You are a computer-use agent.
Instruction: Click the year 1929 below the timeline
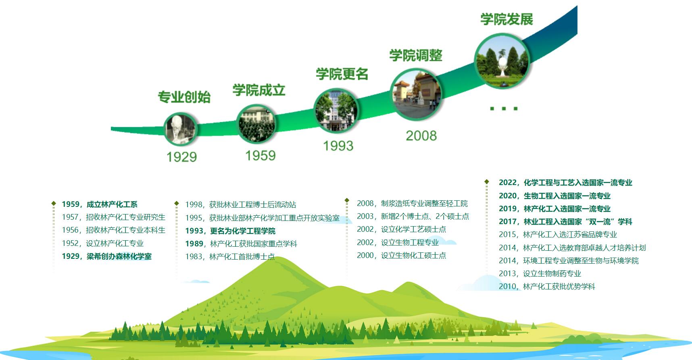181,157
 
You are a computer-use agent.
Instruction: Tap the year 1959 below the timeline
261,155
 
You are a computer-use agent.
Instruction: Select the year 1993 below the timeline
338,146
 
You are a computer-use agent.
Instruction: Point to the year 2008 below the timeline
421,135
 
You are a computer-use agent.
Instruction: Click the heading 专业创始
184,97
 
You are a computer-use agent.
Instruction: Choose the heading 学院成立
259,90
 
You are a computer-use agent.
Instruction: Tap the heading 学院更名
342,74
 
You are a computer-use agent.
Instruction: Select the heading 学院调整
416,55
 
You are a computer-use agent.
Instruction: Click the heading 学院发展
506,19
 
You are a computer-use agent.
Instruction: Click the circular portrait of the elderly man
180,129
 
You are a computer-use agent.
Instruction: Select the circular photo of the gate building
416,94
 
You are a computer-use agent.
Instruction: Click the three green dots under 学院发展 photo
504,108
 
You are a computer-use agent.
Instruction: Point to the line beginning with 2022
565,183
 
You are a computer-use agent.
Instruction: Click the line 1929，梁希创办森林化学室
106,256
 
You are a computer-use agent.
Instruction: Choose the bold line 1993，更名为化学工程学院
230,231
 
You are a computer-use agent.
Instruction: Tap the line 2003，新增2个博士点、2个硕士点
413,216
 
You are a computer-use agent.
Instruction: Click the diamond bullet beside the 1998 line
176,203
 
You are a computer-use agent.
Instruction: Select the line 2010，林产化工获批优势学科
547,287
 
